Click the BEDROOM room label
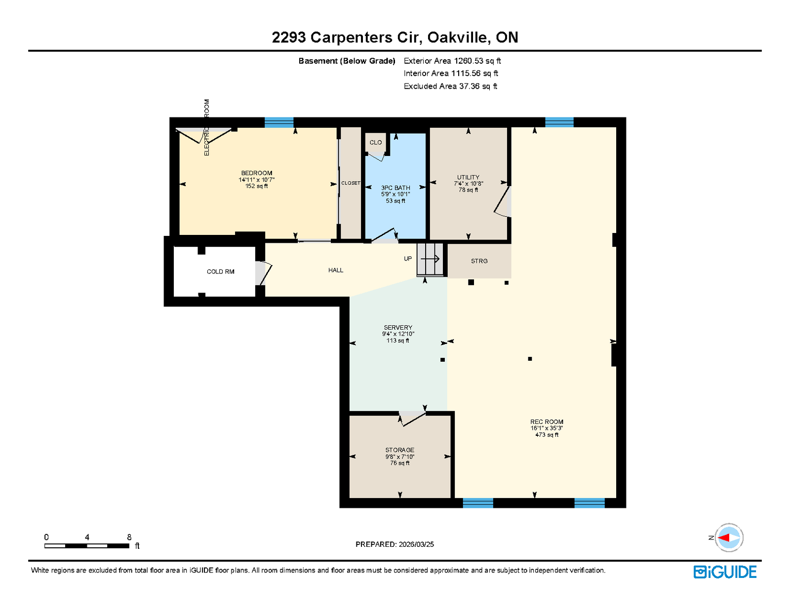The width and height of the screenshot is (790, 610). click(x=256, y=173)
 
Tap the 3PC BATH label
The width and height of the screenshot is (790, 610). click(x=395, y=188)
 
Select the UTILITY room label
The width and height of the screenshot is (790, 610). click(x=468, y=177)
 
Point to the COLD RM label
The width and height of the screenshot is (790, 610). click(x=220, y=271)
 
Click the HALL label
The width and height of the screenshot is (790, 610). click(x=336, y=270)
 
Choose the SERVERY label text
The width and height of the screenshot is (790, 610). click(x=398, y=327)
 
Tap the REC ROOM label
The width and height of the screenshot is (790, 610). click(x=547, y=421)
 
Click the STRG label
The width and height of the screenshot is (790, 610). click(x=479, y=261)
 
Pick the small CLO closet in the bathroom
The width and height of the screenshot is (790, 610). click(x=376, y=143)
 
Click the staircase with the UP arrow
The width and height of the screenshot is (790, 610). click(x=430, y=260)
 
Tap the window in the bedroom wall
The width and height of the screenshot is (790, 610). click(x=279, y=122)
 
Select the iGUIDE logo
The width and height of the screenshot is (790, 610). click(x=724, y=572)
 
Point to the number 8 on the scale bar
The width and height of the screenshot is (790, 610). click(x=129, y=536)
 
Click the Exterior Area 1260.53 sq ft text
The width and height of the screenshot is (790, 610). click(x=452, y=61)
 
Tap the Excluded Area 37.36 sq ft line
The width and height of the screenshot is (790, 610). click(x=450, y=86)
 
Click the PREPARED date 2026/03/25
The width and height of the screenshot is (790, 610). click(x=416, y=544)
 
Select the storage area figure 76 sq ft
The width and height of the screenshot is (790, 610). click(x=399, y=463)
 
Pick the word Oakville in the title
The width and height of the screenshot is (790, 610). click(x=457, y=38)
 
